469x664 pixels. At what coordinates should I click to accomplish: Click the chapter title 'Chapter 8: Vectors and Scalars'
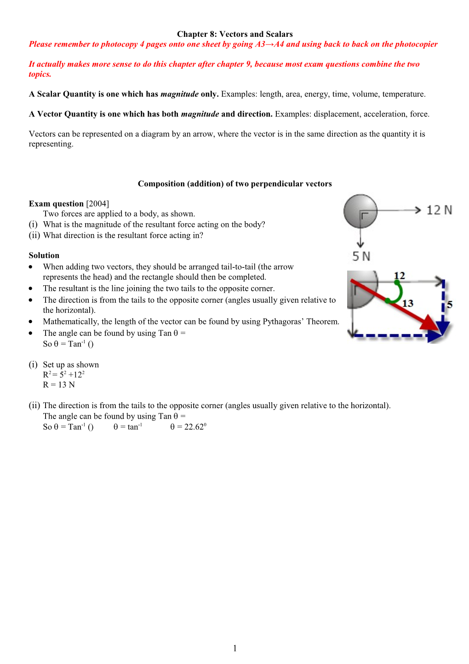coord(234,34)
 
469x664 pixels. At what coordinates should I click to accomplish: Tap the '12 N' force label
coord(439,210)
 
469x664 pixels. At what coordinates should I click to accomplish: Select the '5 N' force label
coord(361,256)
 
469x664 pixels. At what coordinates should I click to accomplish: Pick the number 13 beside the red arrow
coord(408,303)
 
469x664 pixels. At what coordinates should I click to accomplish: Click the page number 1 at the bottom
coord(235,648)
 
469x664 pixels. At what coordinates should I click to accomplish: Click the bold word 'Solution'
coord(44,255)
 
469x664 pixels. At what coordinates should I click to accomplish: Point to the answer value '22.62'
coord(194,427)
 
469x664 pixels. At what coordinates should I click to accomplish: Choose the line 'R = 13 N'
coord(59,385)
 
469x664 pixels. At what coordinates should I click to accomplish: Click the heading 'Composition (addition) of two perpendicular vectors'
coord(234,184)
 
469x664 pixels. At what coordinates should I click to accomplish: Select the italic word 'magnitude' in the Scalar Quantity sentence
coord(179,94)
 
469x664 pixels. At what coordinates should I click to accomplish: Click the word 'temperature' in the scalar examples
coord(403,94)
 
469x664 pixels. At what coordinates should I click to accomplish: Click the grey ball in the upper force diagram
coord(360,211)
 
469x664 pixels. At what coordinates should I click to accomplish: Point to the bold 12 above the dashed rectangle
coord(400,276)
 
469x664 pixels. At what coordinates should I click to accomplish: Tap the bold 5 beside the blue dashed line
coord(450,304)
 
